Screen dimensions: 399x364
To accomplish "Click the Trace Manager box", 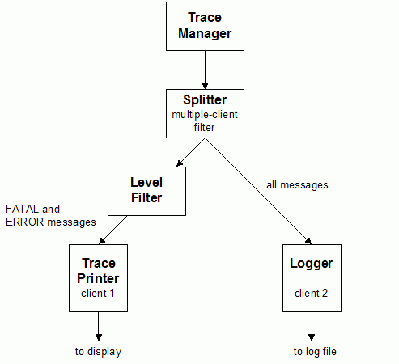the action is pos(205,27).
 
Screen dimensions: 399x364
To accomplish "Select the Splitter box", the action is pos(205,113).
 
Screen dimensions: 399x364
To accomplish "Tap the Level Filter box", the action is pos(146,191).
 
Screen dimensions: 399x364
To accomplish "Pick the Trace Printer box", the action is pos(98,278).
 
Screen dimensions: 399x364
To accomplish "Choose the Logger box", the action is pos(312,278).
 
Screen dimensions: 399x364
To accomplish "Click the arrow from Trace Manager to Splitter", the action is pos(205,70).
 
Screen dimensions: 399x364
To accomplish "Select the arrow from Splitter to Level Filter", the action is pos(191,153).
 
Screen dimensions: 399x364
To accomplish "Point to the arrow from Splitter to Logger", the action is pos(259,192).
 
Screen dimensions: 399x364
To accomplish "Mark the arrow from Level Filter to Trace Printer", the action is pos(113,230).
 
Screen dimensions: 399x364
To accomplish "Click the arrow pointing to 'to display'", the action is pos(99,326).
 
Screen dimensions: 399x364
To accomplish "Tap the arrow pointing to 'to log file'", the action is pos(312,326).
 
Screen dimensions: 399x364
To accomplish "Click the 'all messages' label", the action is pos(297,185).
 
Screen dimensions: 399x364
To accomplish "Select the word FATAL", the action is pos(22,209).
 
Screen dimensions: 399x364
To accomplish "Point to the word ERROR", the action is pos(24,222).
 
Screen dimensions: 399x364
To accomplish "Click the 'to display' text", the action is pos(98,352).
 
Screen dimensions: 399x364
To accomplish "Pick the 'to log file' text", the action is pos(315,352).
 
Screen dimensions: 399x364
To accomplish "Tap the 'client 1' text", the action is pos(98,293).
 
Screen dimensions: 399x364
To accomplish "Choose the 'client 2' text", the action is pos(311,293).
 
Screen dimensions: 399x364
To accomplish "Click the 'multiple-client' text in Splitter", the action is pos(205,115).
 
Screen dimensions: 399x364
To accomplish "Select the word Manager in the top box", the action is pos(205,34).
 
